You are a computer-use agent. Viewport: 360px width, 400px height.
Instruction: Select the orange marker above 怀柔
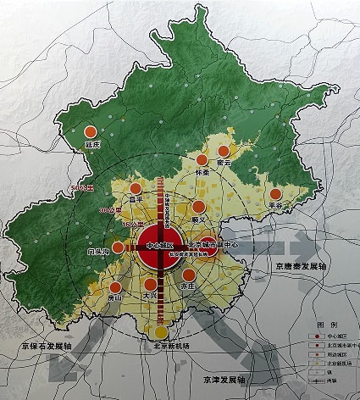202,159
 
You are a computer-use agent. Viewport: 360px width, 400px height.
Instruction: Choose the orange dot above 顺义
198,206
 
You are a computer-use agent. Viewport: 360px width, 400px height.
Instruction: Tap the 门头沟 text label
98,252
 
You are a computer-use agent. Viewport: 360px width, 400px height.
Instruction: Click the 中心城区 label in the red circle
159,245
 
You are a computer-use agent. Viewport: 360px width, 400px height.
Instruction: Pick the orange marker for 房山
114,284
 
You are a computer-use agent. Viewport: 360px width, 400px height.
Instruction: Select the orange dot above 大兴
150,285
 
